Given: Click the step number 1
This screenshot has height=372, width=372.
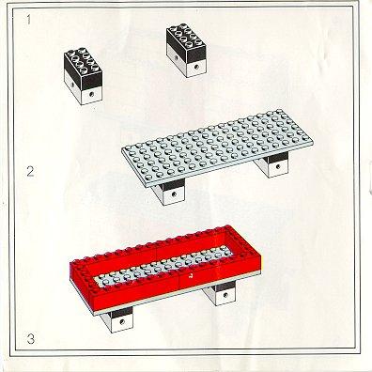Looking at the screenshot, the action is [29, 20].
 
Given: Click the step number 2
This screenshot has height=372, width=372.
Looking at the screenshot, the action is [30, 172].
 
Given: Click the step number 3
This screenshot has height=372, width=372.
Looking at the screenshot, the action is [30, 339].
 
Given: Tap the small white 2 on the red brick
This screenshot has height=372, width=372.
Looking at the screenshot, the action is [190, 276].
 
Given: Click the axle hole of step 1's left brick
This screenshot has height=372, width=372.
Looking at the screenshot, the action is [91, 94].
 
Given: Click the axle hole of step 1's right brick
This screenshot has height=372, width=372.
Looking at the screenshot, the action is [196, 67].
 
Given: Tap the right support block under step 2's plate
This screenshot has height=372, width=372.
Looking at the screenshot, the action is [271, 164].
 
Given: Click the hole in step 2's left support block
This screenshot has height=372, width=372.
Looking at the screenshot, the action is [174, 194].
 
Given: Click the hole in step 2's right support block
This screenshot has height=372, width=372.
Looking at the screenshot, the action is [276, 166].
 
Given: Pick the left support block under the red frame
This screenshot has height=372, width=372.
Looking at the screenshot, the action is [116, 318].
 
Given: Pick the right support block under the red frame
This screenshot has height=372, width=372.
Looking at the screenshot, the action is [219, 293].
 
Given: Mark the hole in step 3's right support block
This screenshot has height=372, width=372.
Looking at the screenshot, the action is [225, 294].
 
